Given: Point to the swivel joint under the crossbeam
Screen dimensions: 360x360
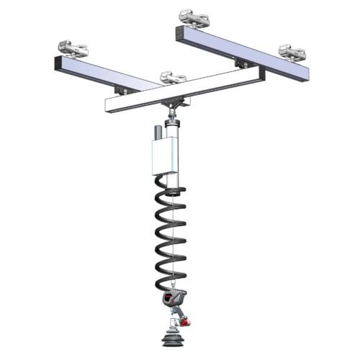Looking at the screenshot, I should [x=174, y=109].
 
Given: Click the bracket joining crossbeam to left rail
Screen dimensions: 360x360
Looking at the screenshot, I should [x=122, y=89].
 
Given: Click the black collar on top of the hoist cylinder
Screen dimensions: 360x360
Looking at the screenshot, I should [x=174, y=123].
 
